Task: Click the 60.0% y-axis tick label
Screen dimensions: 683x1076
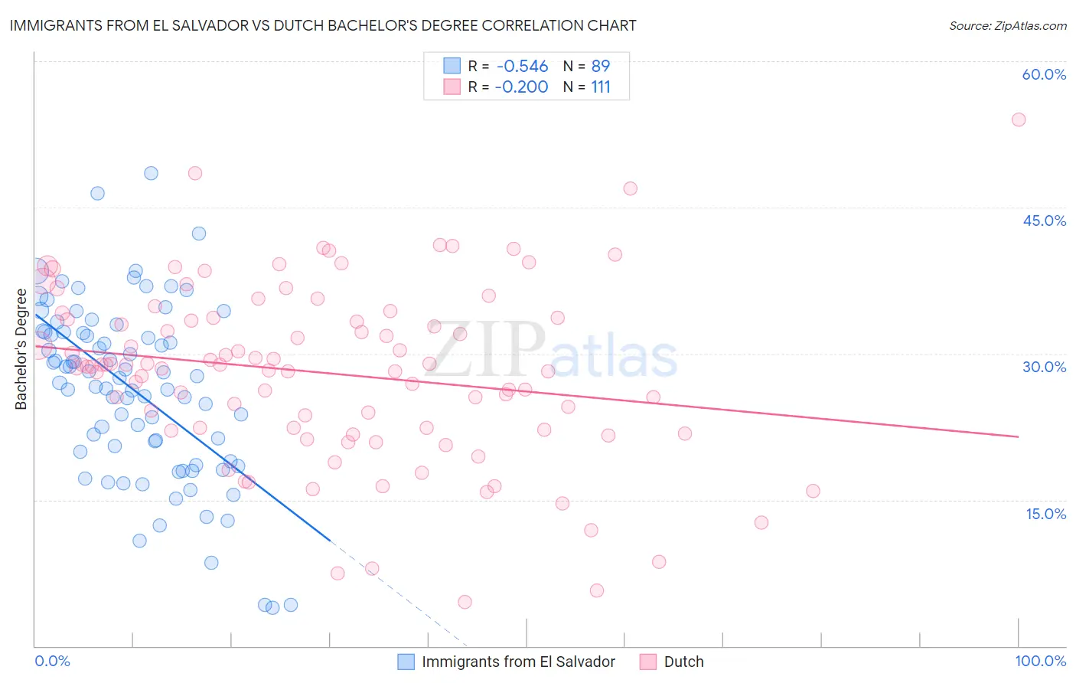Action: click(x=1044, y=74)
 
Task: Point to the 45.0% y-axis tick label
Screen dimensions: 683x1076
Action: click(x=1044, y=221)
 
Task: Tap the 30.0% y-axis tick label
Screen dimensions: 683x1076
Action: click(x=1044, y=367)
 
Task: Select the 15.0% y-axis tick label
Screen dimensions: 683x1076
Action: click(x=1045, y=514)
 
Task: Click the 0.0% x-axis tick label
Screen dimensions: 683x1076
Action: click(x=52, y=661)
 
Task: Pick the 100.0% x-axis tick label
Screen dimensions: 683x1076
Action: click(x=1040, y=661)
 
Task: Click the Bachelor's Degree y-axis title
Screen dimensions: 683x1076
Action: click(x=21, y=349)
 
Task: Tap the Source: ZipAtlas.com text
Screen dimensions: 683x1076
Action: click(x=1007, y=25)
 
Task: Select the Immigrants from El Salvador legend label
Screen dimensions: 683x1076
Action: click(x=518, y=662)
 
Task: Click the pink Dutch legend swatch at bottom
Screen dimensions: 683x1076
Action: click(x=648, y=662)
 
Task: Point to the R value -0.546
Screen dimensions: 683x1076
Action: click(x=521, y=67)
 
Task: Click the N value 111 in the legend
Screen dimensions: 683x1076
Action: click(x=601, y=87)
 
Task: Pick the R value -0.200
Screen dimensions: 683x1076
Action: click(x=521, y=87)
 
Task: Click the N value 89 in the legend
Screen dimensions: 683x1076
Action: click(x=601, y=67)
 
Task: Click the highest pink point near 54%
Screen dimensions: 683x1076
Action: click(x=1018, y=119)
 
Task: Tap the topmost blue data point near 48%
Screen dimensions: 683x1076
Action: click(x=151, y=173)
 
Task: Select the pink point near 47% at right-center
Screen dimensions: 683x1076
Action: click(x=630, y=188)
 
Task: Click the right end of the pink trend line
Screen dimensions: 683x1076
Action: click(x=1018, y=436)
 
